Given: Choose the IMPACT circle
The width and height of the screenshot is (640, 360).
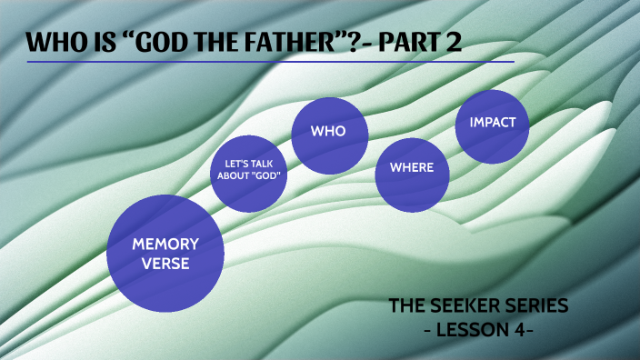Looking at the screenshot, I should click(492, 124).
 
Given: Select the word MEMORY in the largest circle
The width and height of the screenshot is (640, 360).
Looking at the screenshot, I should click(165, 244).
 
